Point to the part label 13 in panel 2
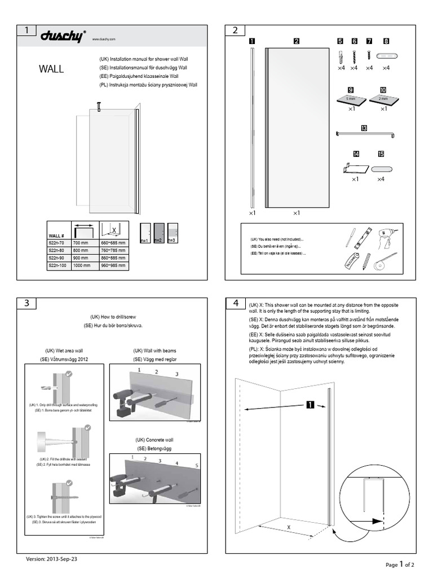point(364,128)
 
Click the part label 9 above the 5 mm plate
point(350,89)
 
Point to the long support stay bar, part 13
point(364,134)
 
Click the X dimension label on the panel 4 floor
point(289,528)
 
